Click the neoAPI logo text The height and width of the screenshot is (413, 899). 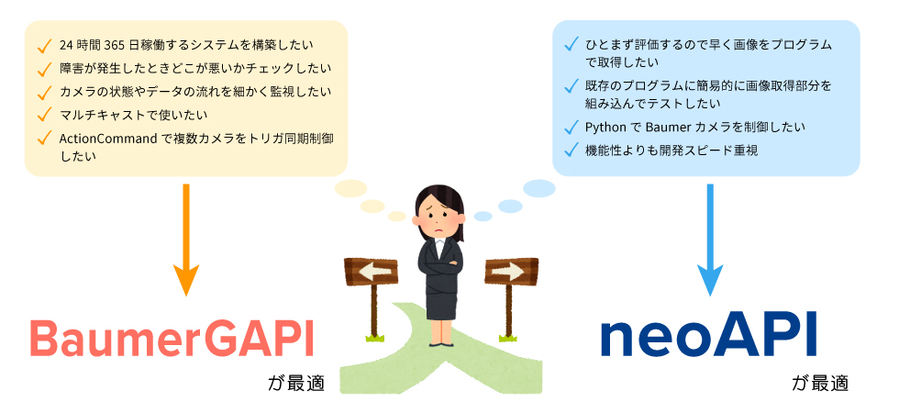(x=708, y=340)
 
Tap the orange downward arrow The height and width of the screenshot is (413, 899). (x=185, y=240)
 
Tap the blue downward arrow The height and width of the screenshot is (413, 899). (x=710, y=240)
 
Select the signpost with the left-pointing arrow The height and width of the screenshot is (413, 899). (x=372, y=297)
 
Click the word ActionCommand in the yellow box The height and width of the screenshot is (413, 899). (x=108, y=139)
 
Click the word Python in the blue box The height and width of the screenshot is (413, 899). (x=605, y=128)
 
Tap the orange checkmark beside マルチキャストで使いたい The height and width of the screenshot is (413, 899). (x=44, y=115)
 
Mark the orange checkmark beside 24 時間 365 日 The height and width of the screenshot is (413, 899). (x=44, y=45)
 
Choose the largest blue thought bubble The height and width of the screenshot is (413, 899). (x=539, y=188)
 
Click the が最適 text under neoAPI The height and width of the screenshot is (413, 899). (x=820, y=383)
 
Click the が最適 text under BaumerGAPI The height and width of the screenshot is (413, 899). (x=295, y=383)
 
